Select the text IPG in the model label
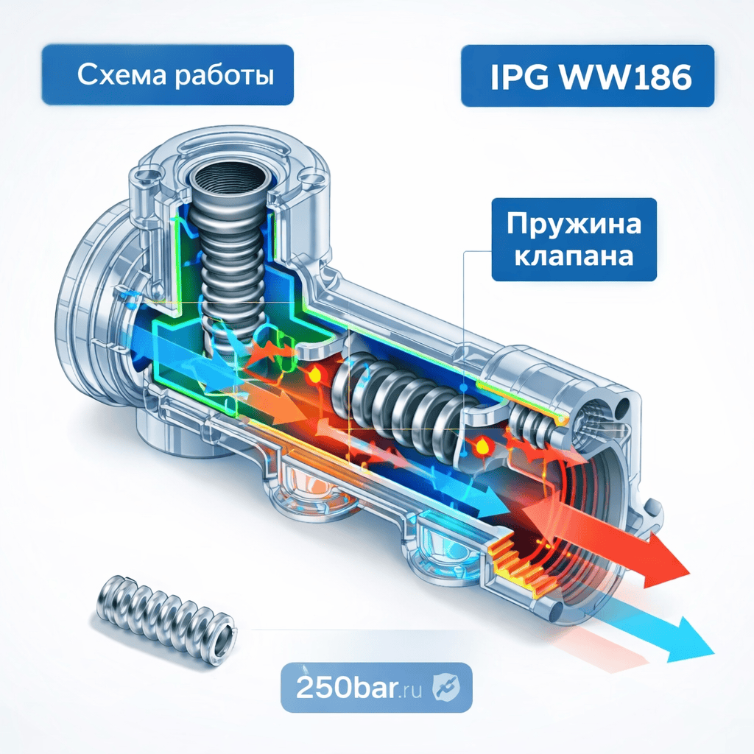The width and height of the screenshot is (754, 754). pyautogui.click(x=515, y=77)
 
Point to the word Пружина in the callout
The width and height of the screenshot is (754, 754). pyautogui.click(x=574, y=225)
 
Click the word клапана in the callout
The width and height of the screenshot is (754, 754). pyautogui.click(x=574, y=257)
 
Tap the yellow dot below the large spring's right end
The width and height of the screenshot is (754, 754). pyautogui.click(x=482, y=445)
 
